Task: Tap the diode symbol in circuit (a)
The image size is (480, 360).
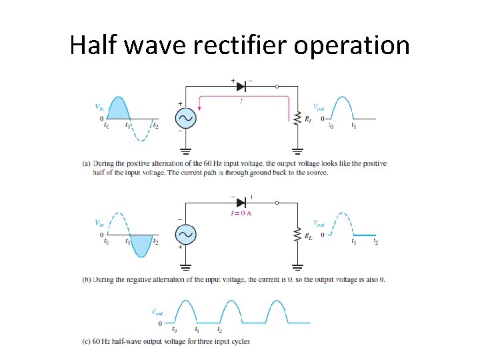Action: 241,86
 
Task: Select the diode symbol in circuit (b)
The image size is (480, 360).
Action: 241,201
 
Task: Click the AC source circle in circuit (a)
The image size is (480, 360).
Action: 185,118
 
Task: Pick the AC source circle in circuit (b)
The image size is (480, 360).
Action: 185,234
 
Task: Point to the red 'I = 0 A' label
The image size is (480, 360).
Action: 241,213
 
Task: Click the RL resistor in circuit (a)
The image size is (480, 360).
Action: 298,118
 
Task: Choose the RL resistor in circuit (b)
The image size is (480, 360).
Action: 298,234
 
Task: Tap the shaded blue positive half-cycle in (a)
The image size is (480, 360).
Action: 117,109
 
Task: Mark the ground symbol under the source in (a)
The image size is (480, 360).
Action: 185,151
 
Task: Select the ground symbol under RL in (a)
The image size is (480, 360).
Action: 298,151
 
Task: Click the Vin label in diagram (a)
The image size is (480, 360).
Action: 98,106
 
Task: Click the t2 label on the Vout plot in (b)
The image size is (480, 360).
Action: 375,242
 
